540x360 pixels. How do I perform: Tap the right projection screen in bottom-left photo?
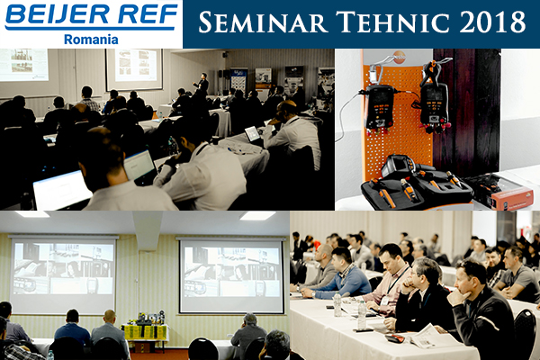point(231,274)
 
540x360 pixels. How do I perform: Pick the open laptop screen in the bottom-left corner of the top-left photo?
point(61,190)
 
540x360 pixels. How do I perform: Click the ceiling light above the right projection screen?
point(256,216)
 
